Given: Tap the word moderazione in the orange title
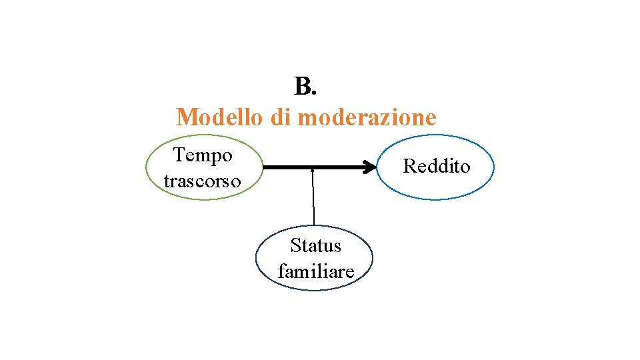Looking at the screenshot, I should [367, 118].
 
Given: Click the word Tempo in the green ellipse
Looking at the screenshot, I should [203, 155].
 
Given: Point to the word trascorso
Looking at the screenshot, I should [202, 181].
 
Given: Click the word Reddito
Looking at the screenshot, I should [437, 166].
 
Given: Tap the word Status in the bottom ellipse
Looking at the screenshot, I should [315, 246].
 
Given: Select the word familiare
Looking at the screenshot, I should [315, 272].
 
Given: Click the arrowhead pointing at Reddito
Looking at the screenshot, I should [369, 168].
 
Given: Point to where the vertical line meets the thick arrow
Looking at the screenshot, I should [313, 169].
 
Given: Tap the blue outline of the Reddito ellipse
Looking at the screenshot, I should [493, 167].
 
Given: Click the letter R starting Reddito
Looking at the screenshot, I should [409, 166].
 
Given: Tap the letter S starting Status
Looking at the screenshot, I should [295, 246].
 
